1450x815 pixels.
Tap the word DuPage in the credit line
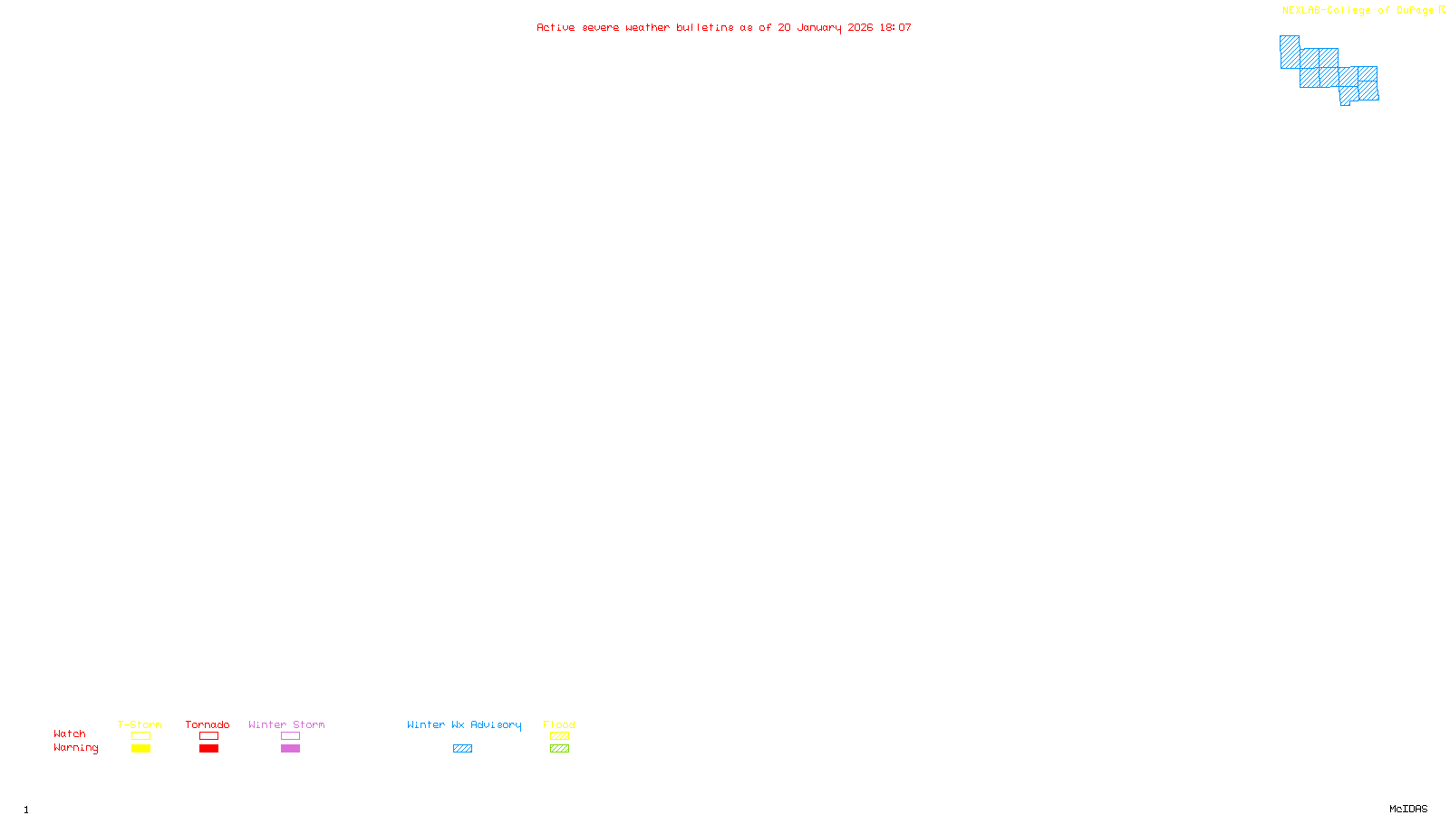(x=1415, y=11)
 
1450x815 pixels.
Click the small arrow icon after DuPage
(x=1442, y=10)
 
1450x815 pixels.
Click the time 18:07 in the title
(x=895, y=27)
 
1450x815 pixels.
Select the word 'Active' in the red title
(x=555, y=27)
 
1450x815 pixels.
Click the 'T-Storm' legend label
(x=140, y=724)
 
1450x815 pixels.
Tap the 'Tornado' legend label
(x=208, y=724)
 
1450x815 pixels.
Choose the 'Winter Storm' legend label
(x=286, y=724)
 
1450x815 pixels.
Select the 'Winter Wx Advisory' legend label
(x=464, y=724)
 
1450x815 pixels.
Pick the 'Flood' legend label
(x=559, y=724)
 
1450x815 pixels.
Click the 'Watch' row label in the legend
(x=70, y=733)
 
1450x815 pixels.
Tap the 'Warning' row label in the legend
(x=75, y=748)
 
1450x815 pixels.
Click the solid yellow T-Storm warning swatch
(x=140, y=749)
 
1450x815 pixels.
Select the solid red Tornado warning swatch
(x=208, y=749)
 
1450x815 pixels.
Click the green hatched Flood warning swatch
(x=559, y=749)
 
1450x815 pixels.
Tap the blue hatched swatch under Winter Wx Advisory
(x=462, y=749)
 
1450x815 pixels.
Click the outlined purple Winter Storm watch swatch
(x=290, y=736)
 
